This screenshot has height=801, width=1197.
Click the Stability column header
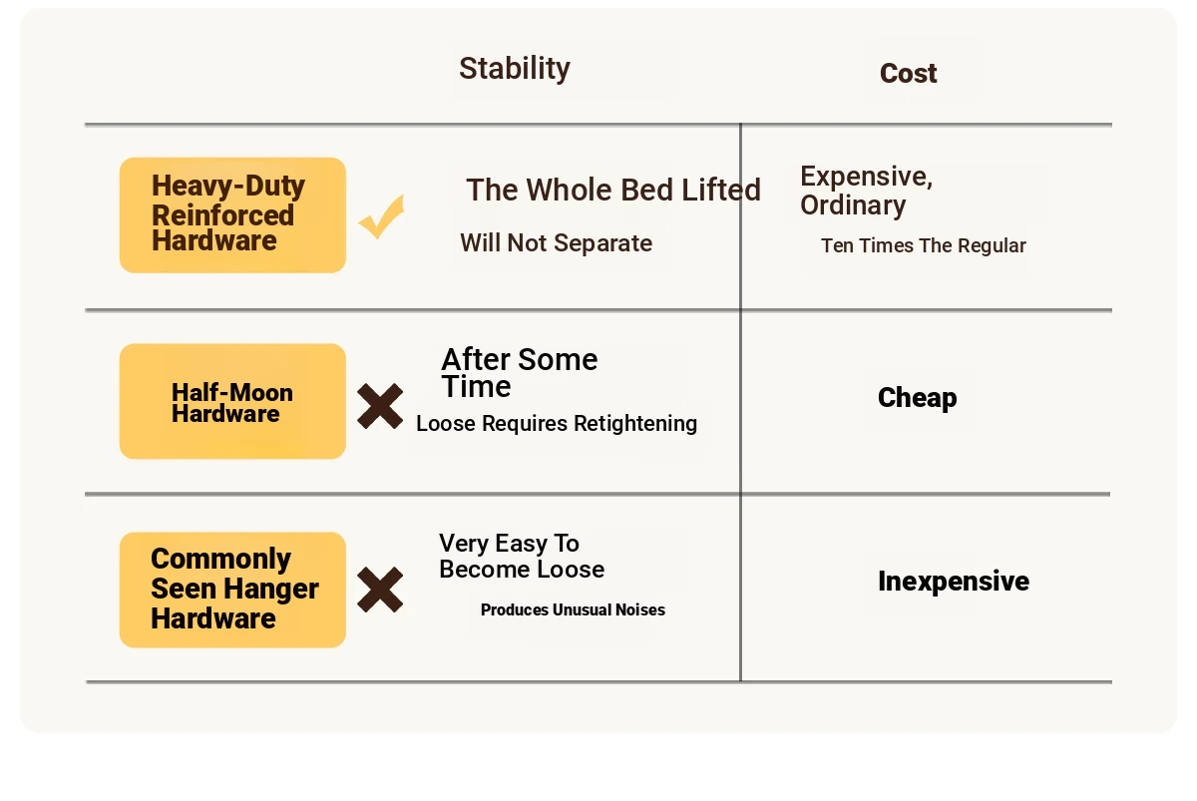click(515, 69)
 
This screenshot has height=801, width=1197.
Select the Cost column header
click(909, 73)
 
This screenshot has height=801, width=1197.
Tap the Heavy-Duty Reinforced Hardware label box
click(232, 215)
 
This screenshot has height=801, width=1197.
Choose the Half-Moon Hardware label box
click(232, 401)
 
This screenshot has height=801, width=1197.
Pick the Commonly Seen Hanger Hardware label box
click(232, 590)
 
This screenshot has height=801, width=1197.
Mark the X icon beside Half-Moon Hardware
click(380, 406)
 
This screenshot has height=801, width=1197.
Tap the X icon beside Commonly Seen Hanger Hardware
click(380, 590)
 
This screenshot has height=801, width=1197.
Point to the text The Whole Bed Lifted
click(613, 190)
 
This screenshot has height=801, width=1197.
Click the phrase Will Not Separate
click(557, 243)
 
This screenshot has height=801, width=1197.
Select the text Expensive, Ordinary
click(866, 191)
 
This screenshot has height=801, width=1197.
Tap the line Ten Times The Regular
click(924, 245)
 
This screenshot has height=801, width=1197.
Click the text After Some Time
click(520, 372)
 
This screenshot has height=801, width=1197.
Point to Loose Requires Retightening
click(557, 424)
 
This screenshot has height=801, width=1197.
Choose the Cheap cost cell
click(918, 398)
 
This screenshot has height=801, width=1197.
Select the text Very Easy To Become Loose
click(522, 557)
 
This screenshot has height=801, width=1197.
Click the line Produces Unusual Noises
click(573, 609)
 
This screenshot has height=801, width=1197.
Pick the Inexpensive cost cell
click(954, 582)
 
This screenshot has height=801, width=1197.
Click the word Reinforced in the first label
click(222, 215)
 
